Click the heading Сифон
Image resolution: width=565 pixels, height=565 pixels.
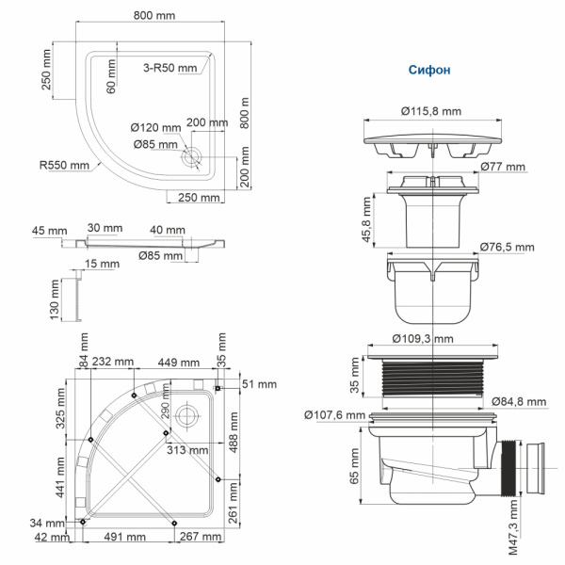428,70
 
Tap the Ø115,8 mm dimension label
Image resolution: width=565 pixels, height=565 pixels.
430,111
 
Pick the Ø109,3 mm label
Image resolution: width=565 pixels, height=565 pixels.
423,338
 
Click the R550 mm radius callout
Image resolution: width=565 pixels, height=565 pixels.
64,165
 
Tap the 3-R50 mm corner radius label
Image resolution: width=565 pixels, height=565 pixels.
170,68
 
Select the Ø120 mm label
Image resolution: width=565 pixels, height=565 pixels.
155,128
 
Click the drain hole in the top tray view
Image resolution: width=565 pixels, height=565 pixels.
195,157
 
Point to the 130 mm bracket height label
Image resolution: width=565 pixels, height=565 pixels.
55,302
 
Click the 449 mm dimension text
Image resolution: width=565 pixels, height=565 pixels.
177,363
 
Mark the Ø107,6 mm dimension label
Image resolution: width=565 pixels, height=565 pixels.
334,414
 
